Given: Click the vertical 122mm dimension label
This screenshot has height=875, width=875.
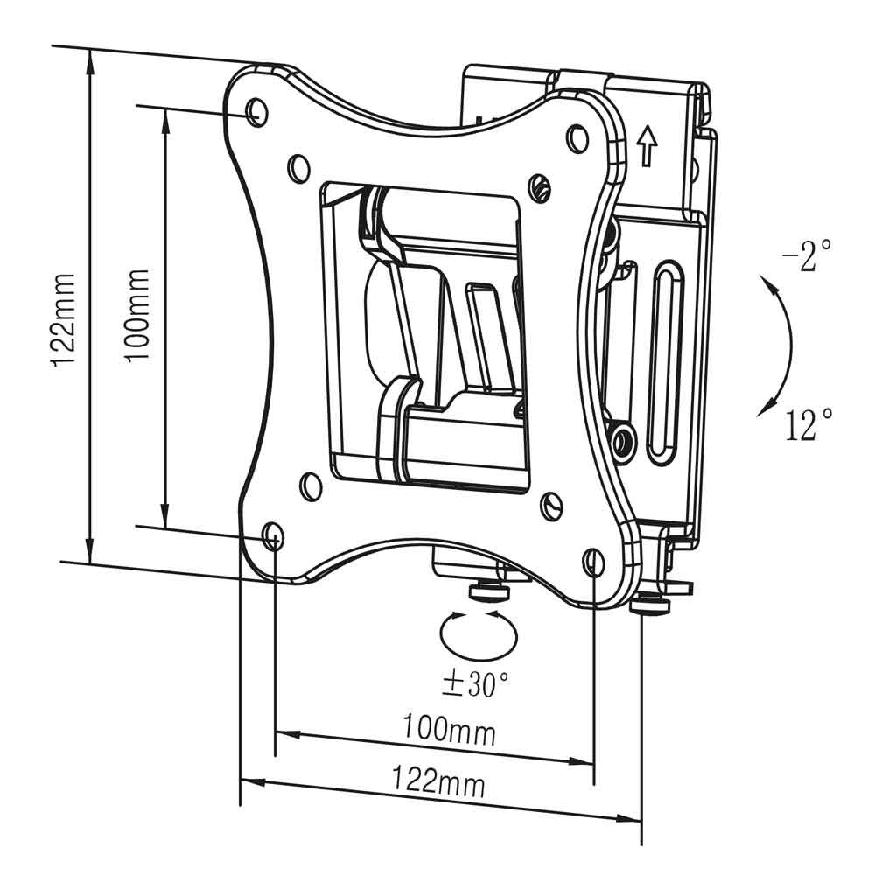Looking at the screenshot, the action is tap(64, 319).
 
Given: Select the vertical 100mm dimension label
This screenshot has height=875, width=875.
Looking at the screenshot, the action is tap(136, 316).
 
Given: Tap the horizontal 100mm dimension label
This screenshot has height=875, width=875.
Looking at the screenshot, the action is tap(449, 729).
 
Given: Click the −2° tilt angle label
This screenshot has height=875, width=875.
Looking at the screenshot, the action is tap(807, 255).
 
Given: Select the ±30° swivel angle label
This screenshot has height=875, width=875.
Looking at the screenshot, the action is tap(475, 683).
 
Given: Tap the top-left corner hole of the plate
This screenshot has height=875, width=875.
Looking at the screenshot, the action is tap(256, 112).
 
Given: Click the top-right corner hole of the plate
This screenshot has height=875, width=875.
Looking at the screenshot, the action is tap(577, 138).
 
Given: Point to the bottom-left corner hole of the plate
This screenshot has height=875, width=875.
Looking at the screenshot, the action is tap(273, 537).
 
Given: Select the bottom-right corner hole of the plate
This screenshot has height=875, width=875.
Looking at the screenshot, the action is tap(592, 562).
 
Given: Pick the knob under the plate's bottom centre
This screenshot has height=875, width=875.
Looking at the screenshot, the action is tap(489, 591).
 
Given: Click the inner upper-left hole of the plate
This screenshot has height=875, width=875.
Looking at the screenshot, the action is tap(298, 167).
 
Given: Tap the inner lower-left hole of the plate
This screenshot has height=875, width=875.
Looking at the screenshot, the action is tap(311, 486).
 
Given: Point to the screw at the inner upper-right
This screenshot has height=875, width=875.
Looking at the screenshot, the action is tap(540, 185).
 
